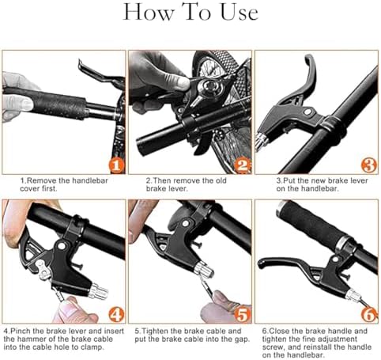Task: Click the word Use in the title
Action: click(239, 13)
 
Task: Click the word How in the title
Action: click(149, 12)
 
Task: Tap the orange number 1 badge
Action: click(116, 165)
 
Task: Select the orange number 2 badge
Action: click(243, 165)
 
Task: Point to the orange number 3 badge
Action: click(369, 165)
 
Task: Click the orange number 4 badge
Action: click(116, 315)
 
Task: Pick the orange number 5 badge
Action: click(243, 315)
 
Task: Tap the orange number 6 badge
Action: click(369, 315)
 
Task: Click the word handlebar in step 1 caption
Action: click(90, 180)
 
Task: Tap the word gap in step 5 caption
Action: click(243, 339)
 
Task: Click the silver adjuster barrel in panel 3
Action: click(261, 142)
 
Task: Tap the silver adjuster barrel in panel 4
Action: click(99, 292)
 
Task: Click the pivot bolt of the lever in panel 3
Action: click(307, 112)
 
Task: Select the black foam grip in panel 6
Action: click(313, 225)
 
